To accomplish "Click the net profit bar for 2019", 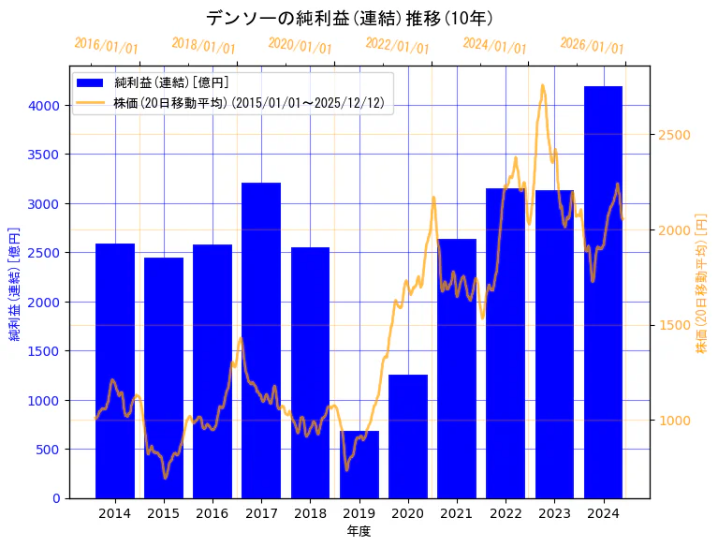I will (359, 465).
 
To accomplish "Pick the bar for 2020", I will (408, 436).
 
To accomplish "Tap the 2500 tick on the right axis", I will (674, 135).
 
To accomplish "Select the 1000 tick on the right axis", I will (674, 421).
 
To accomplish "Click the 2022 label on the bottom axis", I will (506, 513).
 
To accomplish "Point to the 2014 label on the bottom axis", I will (115, 513).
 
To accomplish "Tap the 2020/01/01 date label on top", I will (300, 46).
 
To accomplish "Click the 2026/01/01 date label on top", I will (592, 46).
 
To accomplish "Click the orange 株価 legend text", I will (248, 102).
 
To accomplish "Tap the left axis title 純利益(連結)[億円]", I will (16, 283).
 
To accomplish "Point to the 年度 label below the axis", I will (359, 531).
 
